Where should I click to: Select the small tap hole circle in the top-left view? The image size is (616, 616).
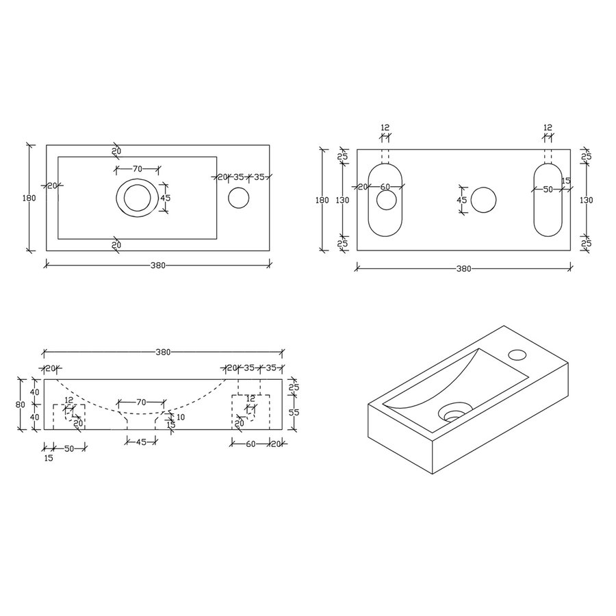coord(238,198)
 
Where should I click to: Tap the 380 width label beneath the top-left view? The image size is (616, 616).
coord(157,265)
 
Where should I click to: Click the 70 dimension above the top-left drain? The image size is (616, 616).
coord(137,168)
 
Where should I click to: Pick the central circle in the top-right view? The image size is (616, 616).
coord(484,199)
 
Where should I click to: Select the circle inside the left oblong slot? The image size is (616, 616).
coord(386,200)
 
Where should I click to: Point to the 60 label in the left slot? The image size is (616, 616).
coord(385,188)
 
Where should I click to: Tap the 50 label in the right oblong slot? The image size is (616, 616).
coord(548,190)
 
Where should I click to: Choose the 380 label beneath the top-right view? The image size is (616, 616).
coord(463,269)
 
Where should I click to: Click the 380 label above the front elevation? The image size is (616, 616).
coord(163,352)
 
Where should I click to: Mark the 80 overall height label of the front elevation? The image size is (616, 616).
coord(21,404)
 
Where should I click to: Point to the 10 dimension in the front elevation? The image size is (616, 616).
coord(180,417)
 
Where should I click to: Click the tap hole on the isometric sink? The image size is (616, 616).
coord(517,355)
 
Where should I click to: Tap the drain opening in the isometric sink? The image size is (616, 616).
coord(452,414)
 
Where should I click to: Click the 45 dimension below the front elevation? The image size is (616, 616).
coord(140,442)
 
